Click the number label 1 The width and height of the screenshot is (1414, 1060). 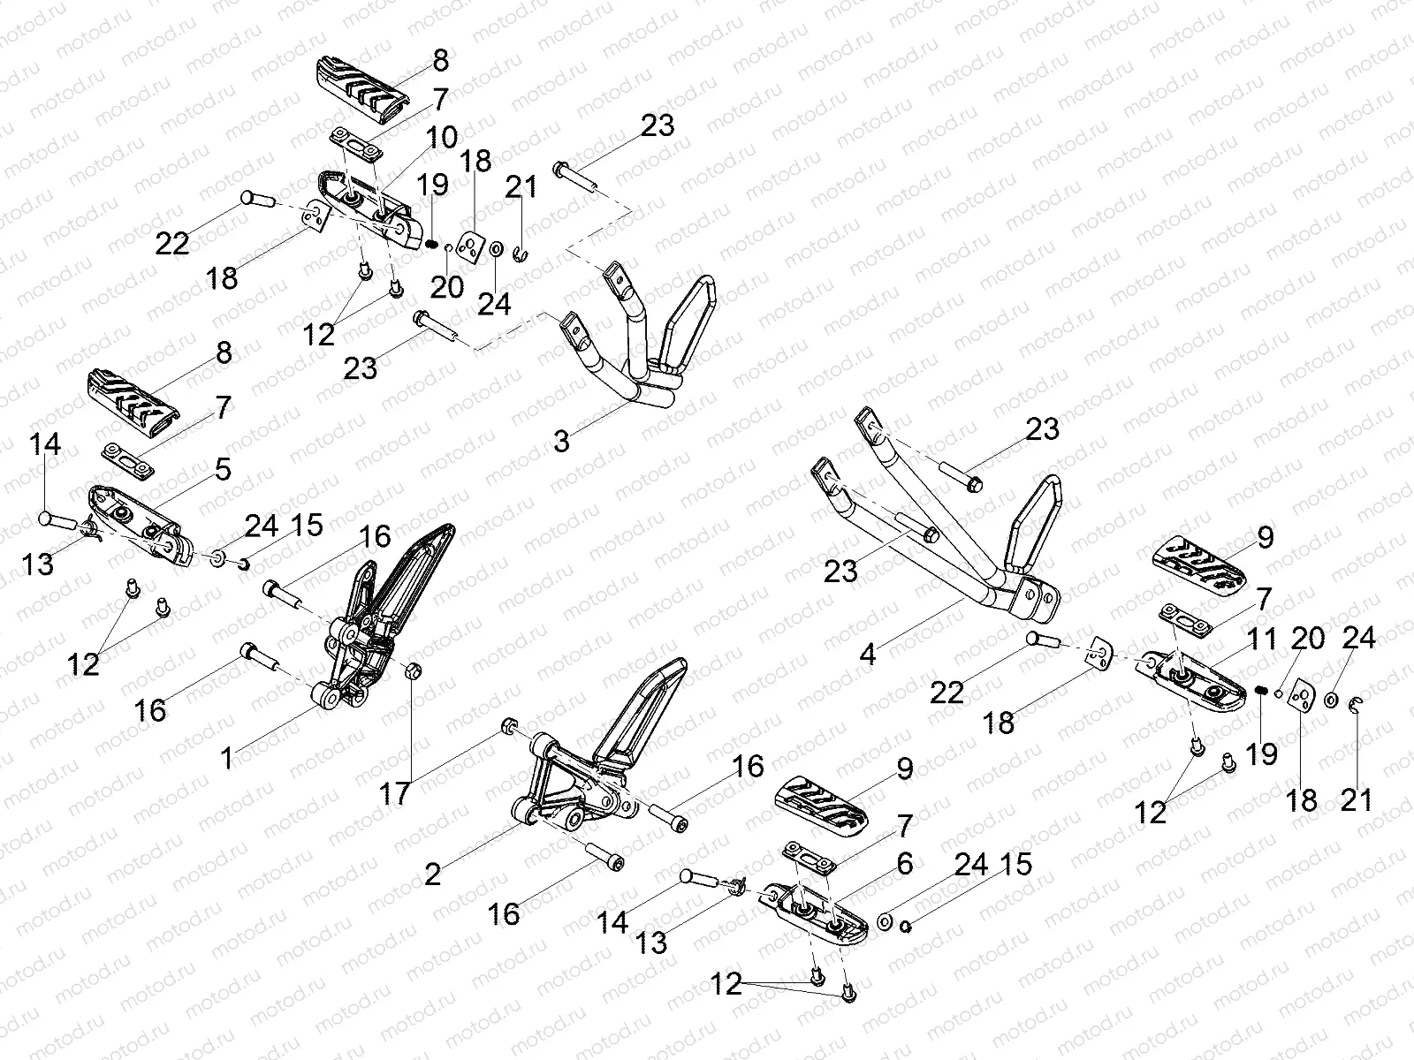click(227, 758)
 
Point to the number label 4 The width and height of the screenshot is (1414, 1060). click(868, 655)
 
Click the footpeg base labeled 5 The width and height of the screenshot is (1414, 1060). click(141, 530)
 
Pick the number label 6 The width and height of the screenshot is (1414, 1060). click(904, 864)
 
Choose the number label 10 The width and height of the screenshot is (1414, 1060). click(443, 138)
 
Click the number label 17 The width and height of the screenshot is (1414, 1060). click(395, 793)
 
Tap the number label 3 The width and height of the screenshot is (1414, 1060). click(562, 441)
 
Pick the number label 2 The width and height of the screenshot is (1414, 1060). click(432, 874)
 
